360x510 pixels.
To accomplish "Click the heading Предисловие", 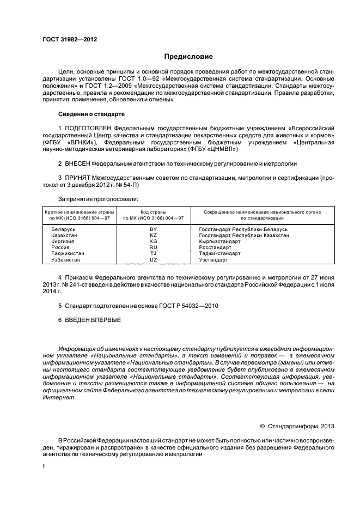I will pyautogui.click(x=188, y=57).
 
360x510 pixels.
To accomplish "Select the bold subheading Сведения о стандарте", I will pyautogui.click(x=91, y=114).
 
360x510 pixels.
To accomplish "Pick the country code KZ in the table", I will pyautogui.click(x=153, y=235).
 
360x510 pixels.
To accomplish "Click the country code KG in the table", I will pyautogui.click(x=153, y=241).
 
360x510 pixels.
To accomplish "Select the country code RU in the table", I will pyautogui.click(x=153, y=247).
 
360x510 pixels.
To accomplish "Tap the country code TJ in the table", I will pyautogui.click(x=153, y=253).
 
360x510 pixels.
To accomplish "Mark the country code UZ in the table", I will pyautogui.click(x=153, y=260).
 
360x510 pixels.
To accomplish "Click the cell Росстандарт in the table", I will pyautogui.click(x=215, y=247).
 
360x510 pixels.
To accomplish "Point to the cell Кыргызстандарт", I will pyautogui.click(x=219, y=241).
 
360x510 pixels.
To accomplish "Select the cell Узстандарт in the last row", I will pyautogui.click(x=214, y=260).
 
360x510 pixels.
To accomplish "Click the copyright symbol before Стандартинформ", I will pyautogui.click(x=262, y=426).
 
